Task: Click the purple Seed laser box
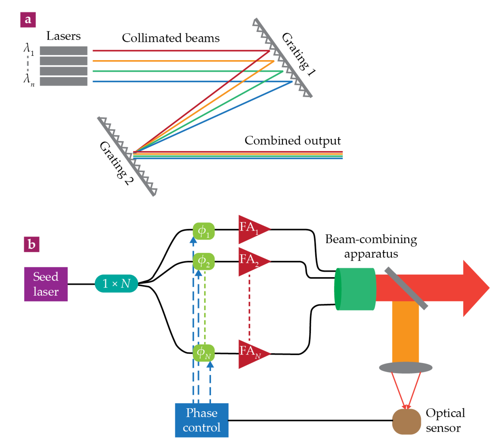click(x=46, y=284)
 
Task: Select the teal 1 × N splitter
click(x=116, y=284)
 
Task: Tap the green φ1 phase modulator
click(x=204, y=231)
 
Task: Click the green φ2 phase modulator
click(x=204, y=261)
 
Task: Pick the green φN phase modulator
click(x=204, y=353)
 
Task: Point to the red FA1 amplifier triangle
click(x=252, y=229)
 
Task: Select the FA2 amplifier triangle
click(x=252, y=262)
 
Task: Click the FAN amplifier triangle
click(x=252, y=354)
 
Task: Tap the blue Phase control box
click(x=202, y=420)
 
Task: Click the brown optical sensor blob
click(x=406, y=421)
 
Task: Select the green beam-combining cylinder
click(x=355, y=289)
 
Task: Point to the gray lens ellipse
click(x=406, y=368)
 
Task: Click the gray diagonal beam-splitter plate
click(x=406, y=288)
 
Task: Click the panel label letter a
click(x=28, y=20)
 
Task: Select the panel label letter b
click(x=32, y=244)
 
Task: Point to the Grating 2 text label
click(x=117, y=163)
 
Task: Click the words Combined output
click(x=293, y=141)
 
